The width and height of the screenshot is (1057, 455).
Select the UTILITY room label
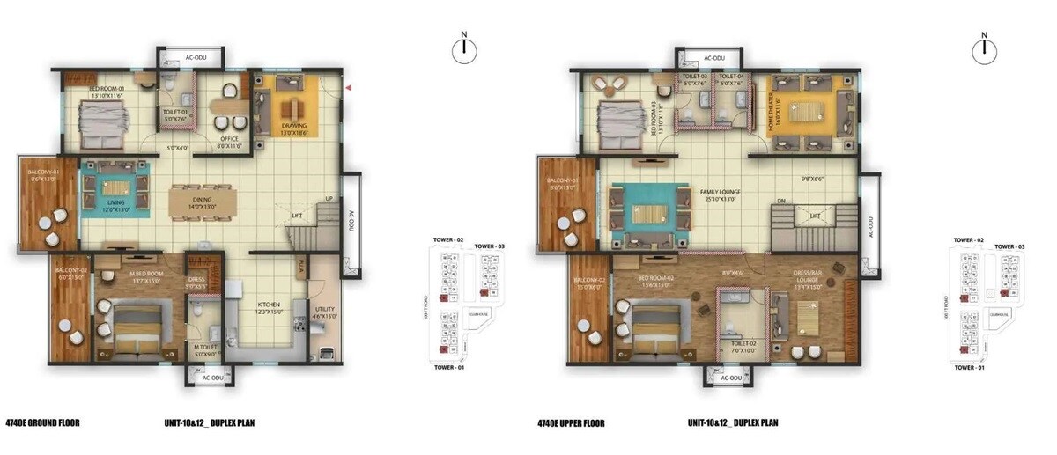(x=324, y=310)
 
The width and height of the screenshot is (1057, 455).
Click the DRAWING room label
(x=294, y=125)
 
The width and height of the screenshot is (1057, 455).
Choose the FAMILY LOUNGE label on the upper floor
(x=721, y=192)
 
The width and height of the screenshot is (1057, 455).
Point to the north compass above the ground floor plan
(x=463, y=50)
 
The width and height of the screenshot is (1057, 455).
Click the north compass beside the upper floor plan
(x=984, y=50)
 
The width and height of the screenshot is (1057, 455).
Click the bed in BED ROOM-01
(x=105, y=122)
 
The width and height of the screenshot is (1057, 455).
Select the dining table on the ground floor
(x=202, y=202)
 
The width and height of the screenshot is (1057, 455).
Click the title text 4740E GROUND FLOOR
(x=42, y=422)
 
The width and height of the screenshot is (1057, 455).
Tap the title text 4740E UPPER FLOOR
(x=570, y=422)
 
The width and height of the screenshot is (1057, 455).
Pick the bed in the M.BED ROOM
(x=135, y=329)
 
